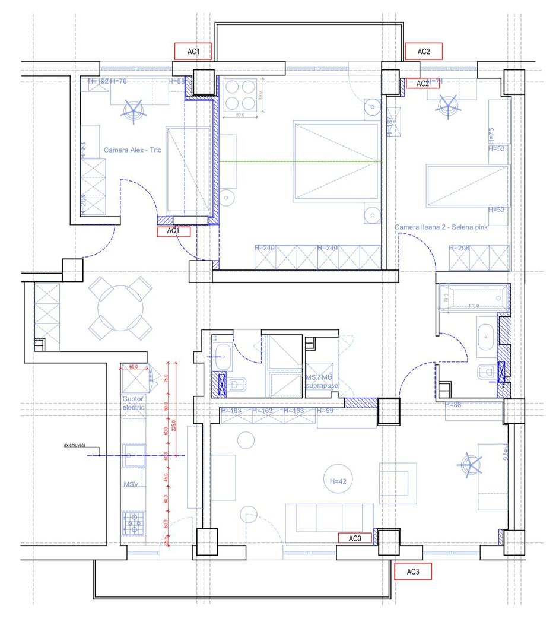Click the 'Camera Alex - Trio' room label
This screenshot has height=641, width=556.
click(132, 150)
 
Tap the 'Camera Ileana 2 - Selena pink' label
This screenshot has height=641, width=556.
click(441, 227)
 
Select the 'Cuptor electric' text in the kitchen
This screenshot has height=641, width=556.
click(134, 403)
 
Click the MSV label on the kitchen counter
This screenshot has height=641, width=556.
click(131, 485)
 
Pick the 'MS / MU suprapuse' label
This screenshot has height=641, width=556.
click(322, 382)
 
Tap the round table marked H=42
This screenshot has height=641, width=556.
click(337, 481)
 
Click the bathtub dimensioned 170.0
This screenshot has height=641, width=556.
click(472, 297)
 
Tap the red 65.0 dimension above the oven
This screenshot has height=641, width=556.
click(134, 367)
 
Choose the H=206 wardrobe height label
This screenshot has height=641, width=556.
click(460, 248)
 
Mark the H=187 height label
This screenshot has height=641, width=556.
click(390, 126)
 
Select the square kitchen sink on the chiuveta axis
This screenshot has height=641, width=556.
click(132, 456)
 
